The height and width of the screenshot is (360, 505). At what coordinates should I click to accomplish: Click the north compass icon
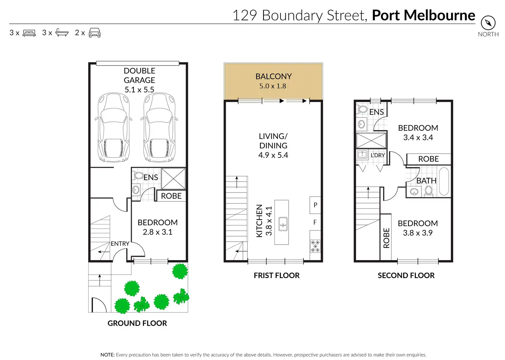point(488,23)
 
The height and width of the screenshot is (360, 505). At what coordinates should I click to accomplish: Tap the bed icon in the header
point(29,33)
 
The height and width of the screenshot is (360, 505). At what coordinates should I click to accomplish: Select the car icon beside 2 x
point(95,33)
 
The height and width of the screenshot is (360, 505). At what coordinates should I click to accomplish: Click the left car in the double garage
point(114,127)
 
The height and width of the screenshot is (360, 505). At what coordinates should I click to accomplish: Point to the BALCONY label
point(273,76)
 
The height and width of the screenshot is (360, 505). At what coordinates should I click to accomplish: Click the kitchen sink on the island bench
point(283,224)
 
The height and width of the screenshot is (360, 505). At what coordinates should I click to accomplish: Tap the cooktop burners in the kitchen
point(315,246)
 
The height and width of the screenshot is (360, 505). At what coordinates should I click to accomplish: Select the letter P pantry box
point(315,205)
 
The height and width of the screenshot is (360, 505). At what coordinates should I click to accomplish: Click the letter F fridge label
point(315,222)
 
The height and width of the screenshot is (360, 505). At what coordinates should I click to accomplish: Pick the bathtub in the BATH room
point(444,181)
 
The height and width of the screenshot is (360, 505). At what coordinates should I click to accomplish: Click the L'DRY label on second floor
point(378,155)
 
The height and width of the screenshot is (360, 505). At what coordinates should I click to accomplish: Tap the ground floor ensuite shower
point(173,178)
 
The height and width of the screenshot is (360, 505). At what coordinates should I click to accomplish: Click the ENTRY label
point(120,244)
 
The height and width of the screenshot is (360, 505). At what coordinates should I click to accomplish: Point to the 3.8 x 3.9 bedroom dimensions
point(418,233)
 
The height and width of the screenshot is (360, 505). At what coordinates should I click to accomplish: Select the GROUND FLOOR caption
point(137,323)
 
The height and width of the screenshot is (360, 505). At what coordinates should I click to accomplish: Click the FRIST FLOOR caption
point(277,276)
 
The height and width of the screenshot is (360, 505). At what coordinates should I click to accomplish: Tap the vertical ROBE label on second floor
point(386,238)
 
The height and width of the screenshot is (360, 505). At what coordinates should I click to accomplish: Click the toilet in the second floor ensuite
point(362,109)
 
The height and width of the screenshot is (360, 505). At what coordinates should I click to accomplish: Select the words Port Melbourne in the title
point(423,15)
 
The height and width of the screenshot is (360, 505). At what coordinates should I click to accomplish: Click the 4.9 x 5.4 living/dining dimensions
point(273,155)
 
